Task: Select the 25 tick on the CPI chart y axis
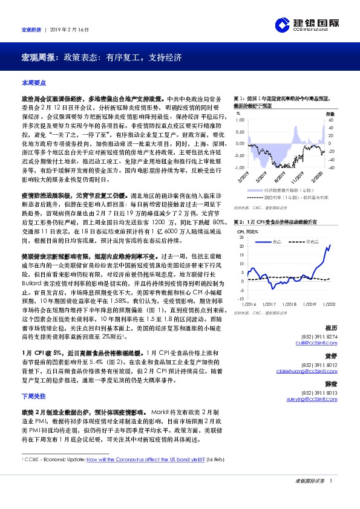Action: pos(240,237)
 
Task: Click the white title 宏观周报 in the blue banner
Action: pos(36,58)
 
